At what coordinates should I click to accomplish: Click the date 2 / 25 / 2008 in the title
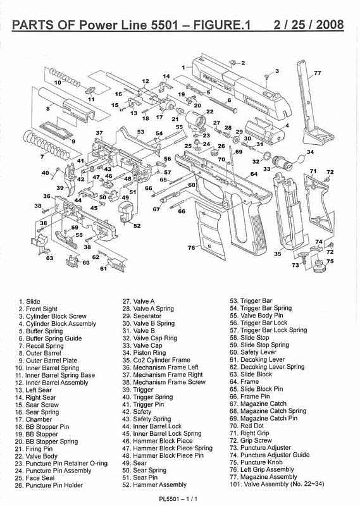tap(309, 25)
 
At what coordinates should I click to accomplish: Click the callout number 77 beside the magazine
tap(318, 73)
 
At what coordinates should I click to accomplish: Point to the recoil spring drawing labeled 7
tap(47, 145)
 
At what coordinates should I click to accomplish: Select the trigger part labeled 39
tap(71, 178)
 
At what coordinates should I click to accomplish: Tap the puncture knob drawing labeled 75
tap(320, 266)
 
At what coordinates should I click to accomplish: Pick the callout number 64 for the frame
tap(254, 174)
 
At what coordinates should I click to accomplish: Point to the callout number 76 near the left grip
tap(192, 247)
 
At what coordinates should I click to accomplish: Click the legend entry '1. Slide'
tap(29, 302)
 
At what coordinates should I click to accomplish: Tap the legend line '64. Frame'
tap(244, 382)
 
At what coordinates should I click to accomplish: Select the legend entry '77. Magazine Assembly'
tap(263, 477)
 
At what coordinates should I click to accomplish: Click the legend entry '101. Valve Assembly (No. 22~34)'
tap(277, 484)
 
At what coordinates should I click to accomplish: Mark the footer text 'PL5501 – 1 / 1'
tap(178, 498)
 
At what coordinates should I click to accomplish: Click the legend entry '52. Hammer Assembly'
tap(154, 484)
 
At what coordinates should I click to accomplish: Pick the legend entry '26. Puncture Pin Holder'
tap(49, 485)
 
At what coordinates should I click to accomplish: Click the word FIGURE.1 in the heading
tap(222, 25)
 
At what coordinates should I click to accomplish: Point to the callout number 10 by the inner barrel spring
tap(58, 83)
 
